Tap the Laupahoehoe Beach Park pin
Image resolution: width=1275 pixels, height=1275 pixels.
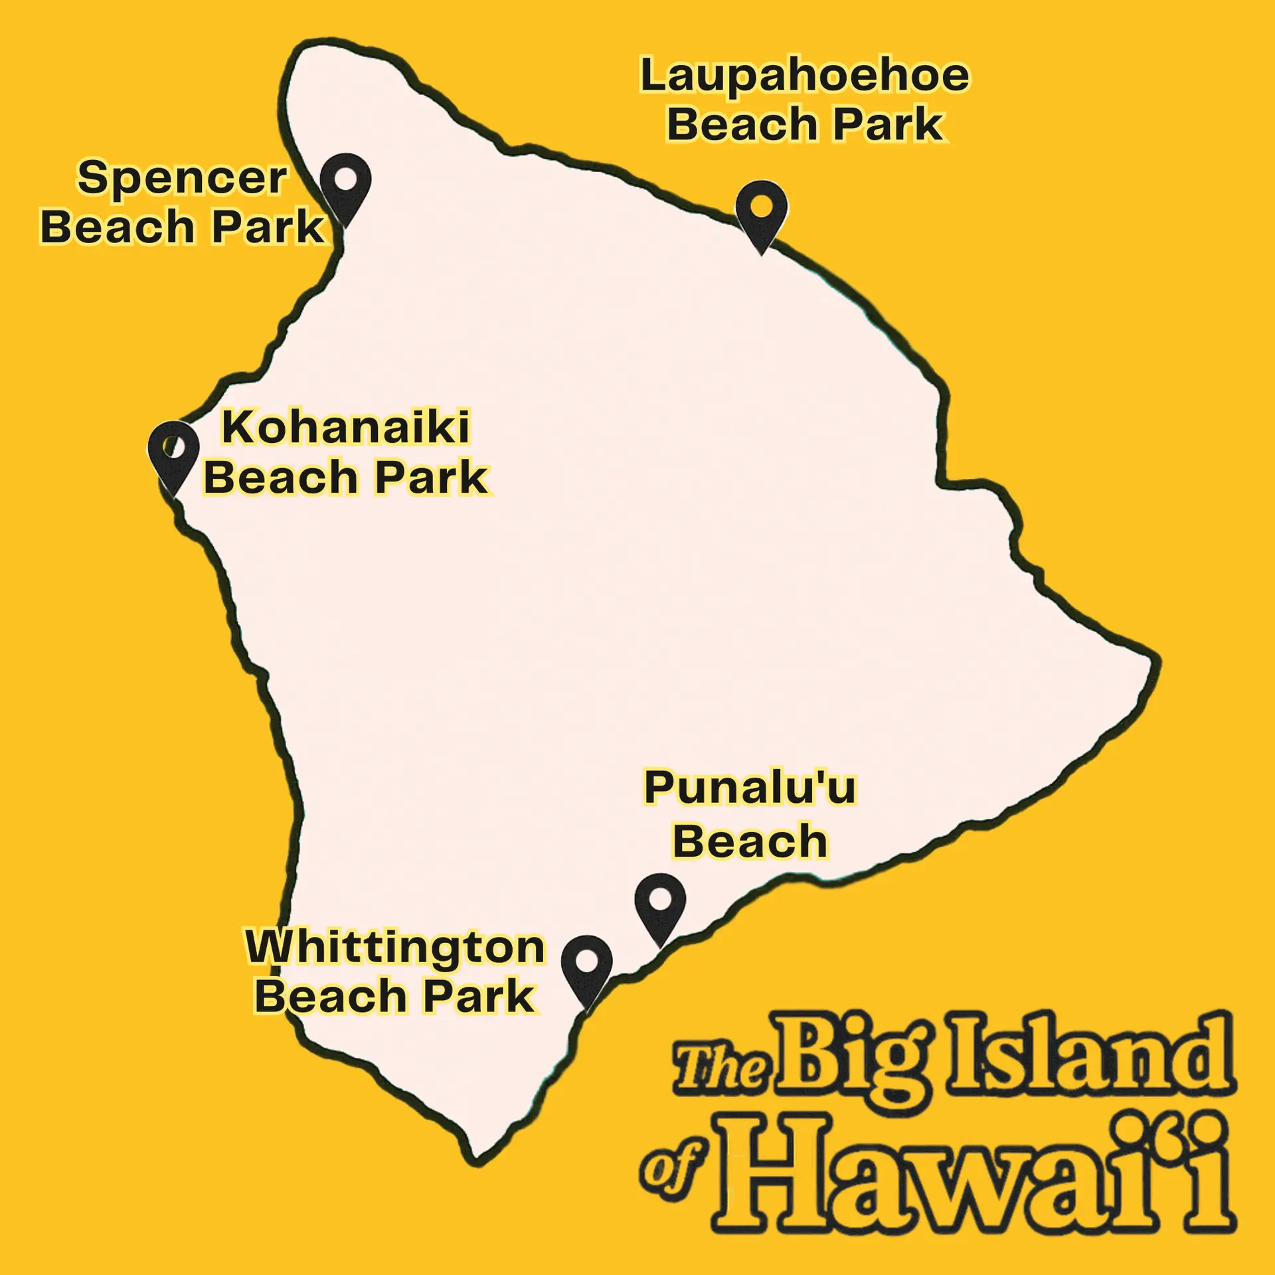(x=761, y=210)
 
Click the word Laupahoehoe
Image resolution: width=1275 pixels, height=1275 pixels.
(x=804, y=77)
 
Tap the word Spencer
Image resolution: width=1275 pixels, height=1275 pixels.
(x=182, y=179)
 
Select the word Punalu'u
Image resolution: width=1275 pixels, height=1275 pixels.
(x=750, y=788)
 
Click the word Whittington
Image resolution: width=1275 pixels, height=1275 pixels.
(x=395, y=947)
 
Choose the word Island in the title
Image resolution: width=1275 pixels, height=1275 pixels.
(x=1089, y=1056)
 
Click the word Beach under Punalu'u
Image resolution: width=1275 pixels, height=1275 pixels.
(x=750, y=841)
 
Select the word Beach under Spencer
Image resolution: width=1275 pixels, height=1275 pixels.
(x=117, y=227)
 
